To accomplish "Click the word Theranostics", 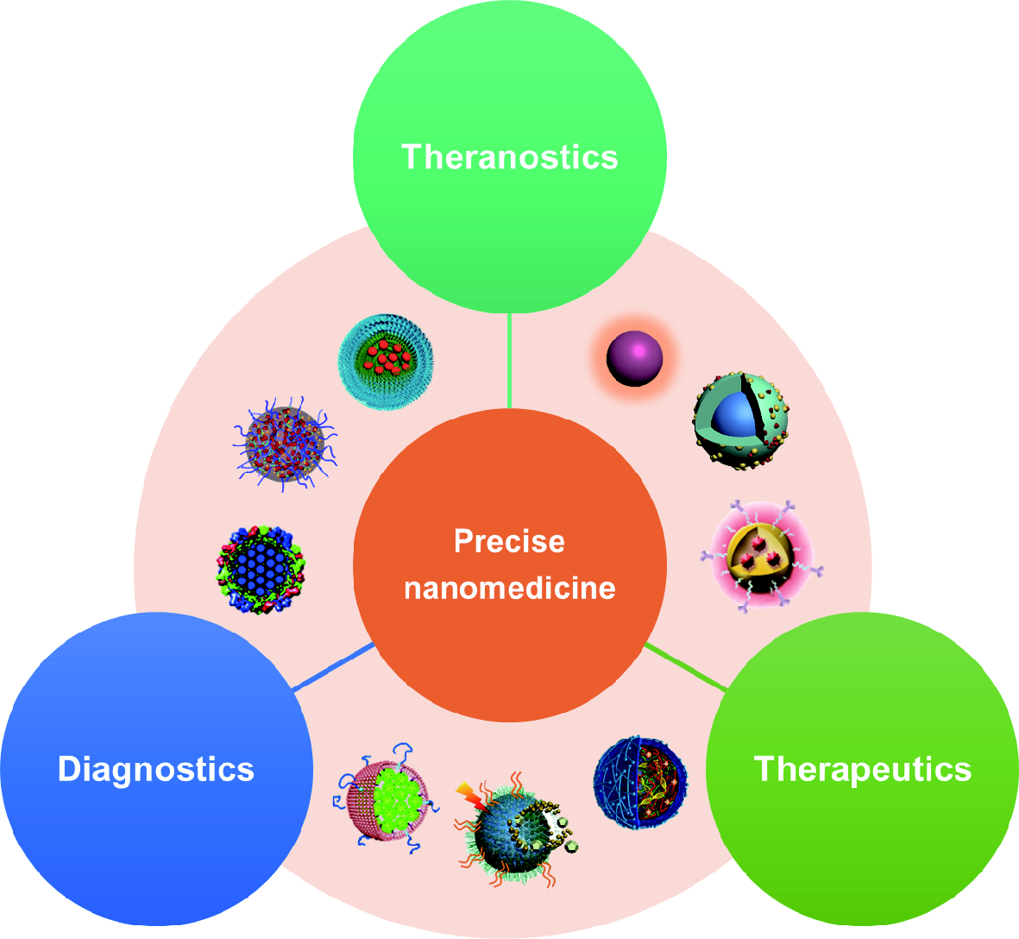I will click(x=509, y=157).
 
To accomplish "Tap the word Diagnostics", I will click(x=155, y=768).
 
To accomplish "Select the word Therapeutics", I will click(x=862, y=768).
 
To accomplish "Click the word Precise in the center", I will click(x=509, y=541).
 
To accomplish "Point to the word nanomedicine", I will click(x=509, y=588).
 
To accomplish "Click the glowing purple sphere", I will click(x=634, y=359).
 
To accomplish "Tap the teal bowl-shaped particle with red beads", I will click(x=386, y=362).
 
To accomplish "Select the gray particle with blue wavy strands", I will click(x=285, y=444).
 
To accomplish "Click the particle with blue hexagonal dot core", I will click(x=261, y=570).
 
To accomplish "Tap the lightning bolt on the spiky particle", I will click(x=469, y=794).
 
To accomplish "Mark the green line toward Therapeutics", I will click(x=686, y=667).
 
